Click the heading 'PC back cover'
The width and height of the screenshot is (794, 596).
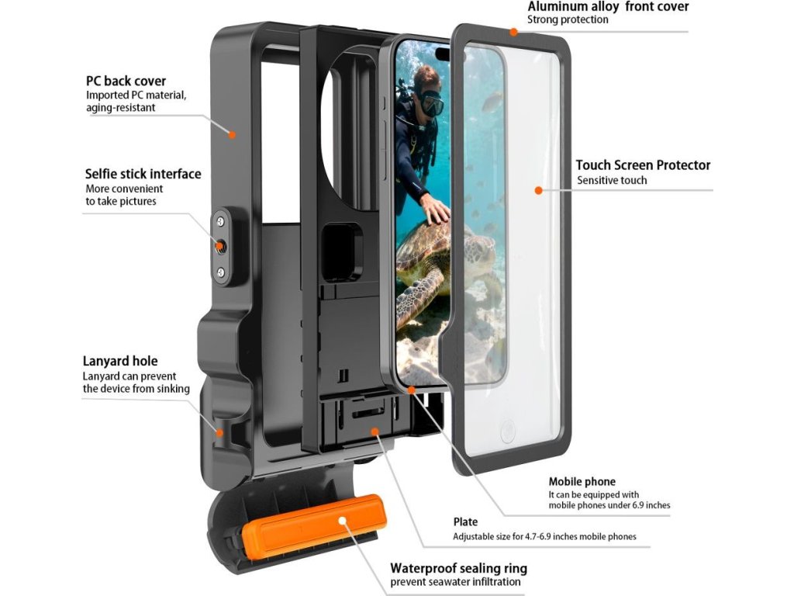pos(126,81)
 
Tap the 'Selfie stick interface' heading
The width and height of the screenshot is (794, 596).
pos(143,174)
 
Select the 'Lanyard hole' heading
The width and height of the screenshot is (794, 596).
pos(120,361)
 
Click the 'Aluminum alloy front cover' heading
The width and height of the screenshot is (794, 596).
pos(608,7)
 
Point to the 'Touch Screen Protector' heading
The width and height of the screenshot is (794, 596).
pos(643,165)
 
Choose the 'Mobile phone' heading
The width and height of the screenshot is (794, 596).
pos(582,481)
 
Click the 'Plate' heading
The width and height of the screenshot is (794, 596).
pos(465,521)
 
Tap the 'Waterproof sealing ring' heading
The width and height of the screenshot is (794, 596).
pos(458,568)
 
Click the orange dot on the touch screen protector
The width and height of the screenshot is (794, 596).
pos(537,189)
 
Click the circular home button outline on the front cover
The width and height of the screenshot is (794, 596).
pos(508,431)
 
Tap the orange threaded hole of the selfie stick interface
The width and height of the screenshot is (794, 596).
pos(221,246)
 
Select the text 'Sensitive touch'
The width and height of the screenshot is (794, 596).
pos(612,180)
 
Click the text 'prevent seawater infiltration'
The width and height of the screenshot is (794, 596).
pos(455,582)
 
